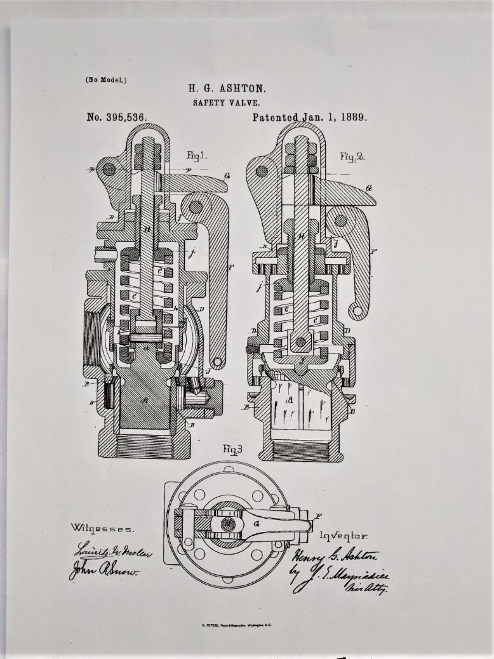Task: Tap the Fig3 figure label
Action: (x=232, y=451)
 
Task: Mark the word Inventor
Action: (x=343, y=536)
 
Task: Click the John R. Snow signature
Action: (x=104, y=572)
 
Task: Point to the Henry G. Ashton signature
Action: (x=335, y=556)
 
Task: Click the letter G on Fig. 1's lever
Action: (x=227, y=176)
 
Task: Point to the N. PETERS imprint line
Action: (x=246, y=625)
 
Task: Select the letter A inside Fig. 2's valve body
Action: (x=291, y=400)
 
